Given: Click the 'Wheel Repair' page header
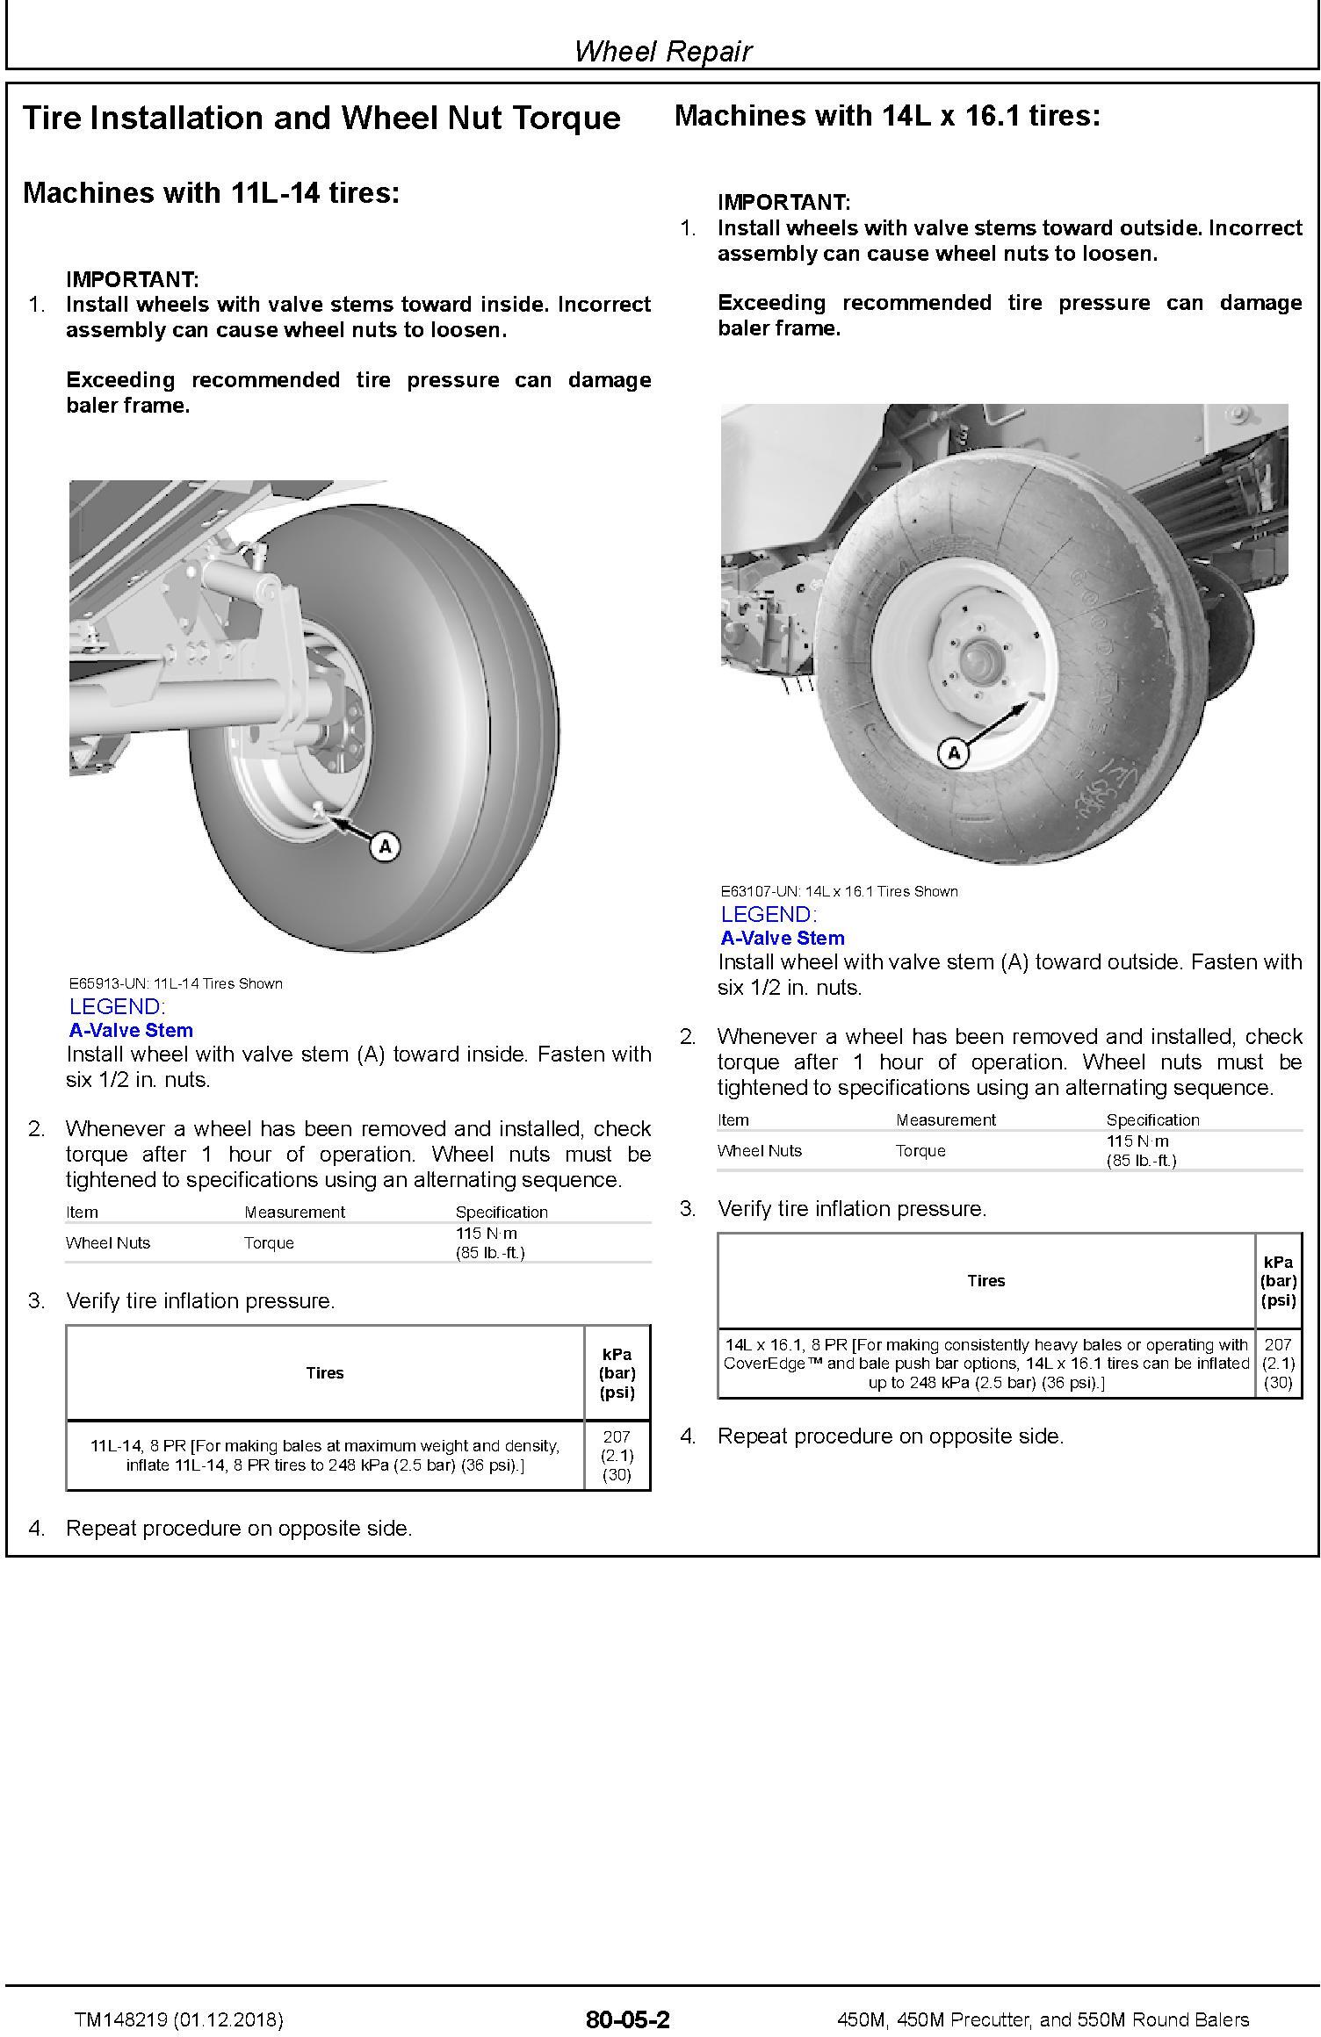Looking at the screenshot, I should coord(663,51).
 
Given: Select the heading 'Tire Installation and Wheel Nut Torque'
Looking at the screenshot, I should coord(321,118).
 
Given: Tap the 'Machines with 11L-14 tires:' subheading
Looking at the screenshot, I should coord(211,192).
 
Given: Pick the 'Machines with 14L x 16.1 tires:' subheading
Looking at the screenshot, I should coord(887,115).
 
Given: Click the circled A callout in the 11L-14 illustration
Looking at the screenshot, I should coord(385,846).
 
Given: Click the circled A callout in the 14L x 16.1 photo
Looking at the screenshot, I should coord(953,752).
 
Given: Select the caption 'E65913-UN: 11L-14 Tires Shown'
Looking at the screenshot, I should coord(176,983).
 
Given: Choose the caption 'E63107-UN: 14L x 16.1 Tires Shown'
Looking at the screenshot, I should coord(839,891).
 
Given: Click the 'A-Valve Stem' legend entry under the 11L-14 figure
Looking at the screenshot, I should coord(131,1030).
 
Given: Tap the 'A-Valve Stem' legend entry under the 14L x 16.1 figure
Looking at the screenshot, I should coord(783,938).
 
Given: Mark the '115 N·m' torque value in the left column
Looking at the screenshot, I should coord(487,1233).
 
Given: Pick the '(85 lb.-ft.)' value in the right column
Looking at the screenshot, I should coord(1141,1160).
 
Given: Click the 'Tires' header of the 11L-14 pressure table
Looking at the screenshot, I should coord(324,1372).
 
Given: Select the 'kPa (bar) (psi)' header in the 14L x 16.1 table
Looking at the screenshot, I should coord(1278,1280).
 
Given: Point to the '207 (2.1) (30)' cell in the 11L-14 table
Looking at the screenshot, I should coord(617,1455).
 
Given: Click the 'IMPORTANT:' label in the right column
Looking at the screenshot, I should coord(783,202).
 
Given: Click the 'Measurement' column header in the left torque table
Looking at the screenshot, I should coord(294,1212).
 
